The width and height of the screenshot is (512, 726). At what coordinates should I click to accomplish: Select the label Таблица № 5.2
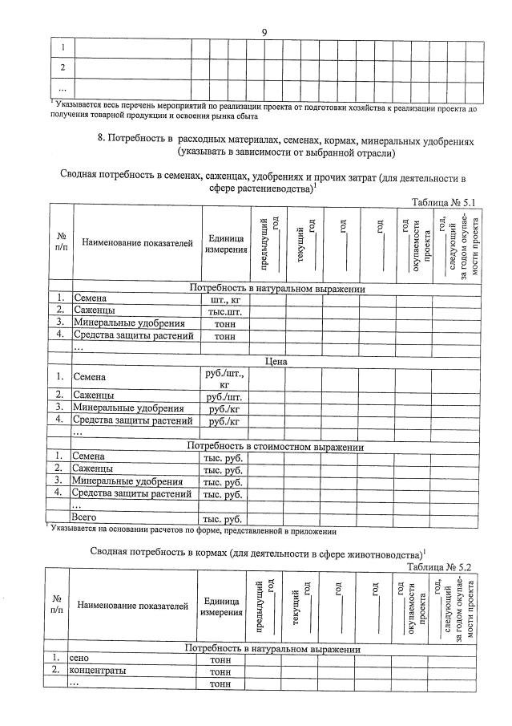[441, 566]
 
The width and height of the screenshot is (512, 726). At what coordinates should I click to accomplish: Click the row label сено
[80, 659]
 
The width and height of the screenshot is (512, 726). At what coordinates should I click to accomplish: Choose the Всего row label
[85, 518]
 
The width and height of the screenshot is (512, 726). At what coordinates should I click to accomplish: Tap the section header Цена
[276, 362]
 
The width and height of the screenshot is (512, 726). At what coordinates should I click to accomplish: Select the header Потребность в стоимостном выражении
[276, 446]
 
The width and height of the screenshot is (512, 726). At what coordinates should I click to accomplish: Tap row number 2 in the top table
[62, 67]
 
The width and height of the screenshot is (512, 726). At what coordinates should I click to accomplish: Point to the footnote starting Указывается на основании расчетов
[192, 529]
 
